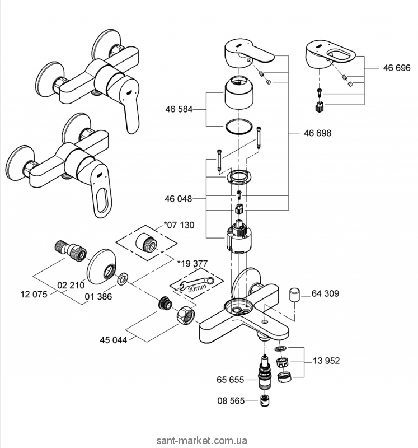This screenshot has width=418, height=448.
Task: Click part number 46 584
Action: click(x=179, y=110)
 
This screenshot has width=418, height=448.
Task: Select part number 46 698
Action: click(x=317, y=133)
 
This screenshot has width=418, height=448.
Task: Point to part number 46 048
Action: click(x=179, y=199)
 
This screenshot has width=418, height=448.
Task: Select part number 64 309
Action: click(x=326, y=293)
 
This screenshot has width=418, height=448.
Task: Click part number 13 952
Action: click(x=327, y=361)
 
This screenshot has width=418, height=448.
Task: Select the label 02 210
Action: click(x=69, y=284)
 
